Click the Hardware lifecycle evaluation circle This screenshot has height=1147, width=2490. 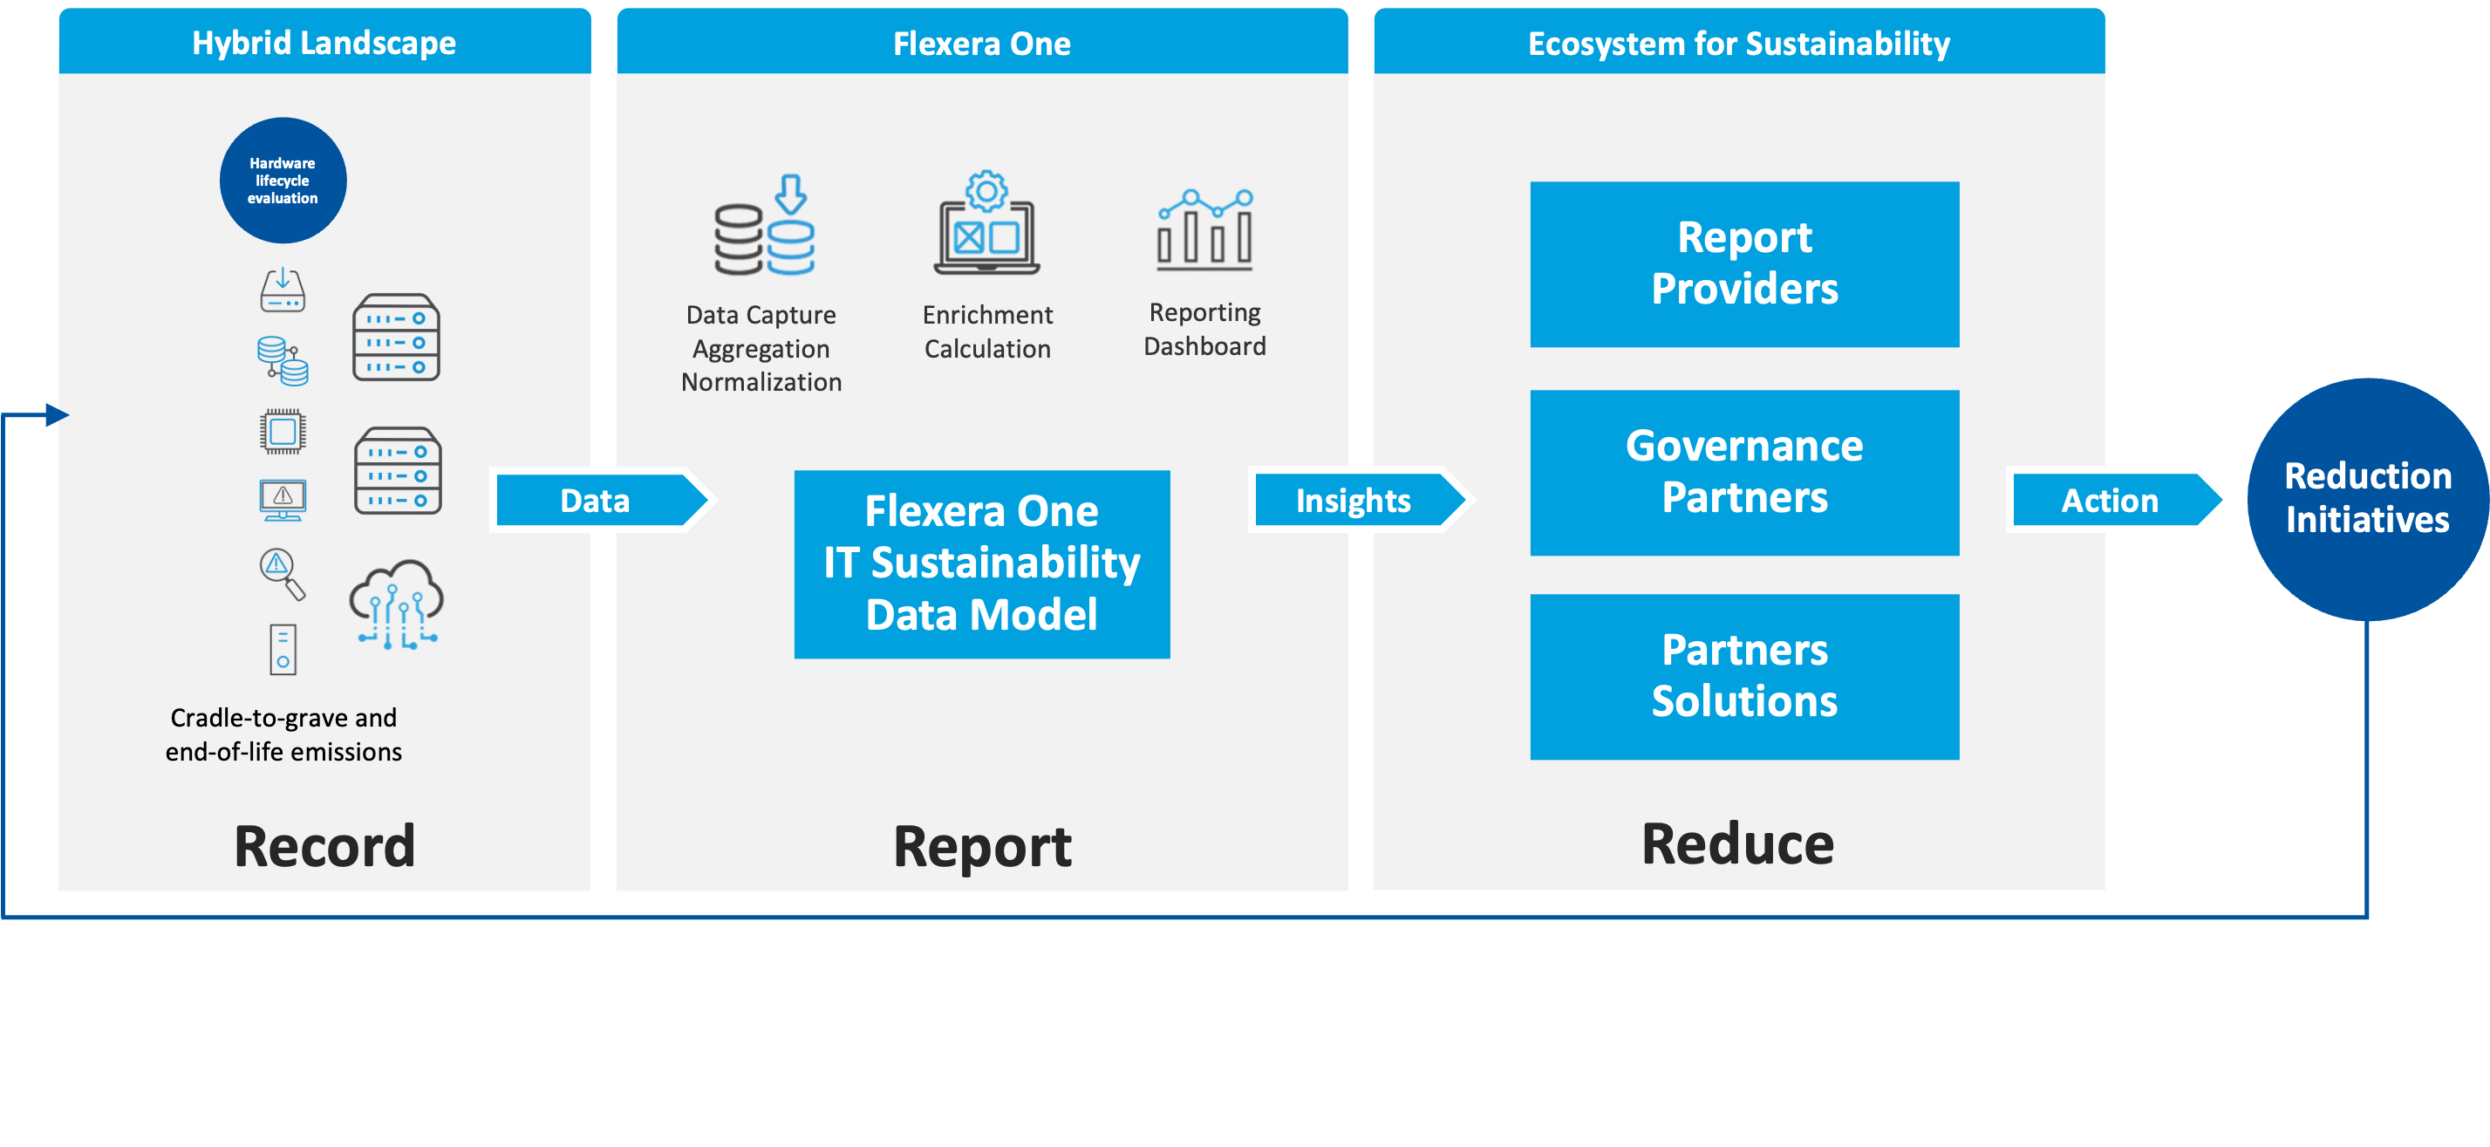[x=283, y=181]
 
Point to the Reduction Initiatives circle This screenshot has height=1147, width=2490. [x=2367, y=498]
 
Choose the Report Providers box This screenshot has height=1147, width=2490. [x=1743, y=264]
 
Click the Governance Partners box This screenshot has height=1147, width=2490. [x=1743, y=472]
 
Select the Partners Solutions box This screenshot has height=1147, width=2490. [x=1743, y=676]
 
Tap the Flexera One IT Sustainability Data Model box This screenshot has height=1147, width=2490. [x=981, y=563]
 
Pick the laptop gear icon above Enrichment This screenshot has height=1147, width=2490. [x=986, y=223]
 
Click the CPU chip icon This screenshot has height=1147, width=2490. [x=283, y=432]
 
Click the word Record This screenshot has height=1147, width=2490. [x=324, y=846]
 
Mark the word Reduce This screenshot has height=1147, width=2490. [x=1737, y=843]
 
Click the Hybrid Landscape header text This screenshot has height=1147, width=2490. [x=324, y=43]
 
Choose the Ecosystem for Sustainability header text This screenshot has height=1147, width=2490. [x=1738, y=44]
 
